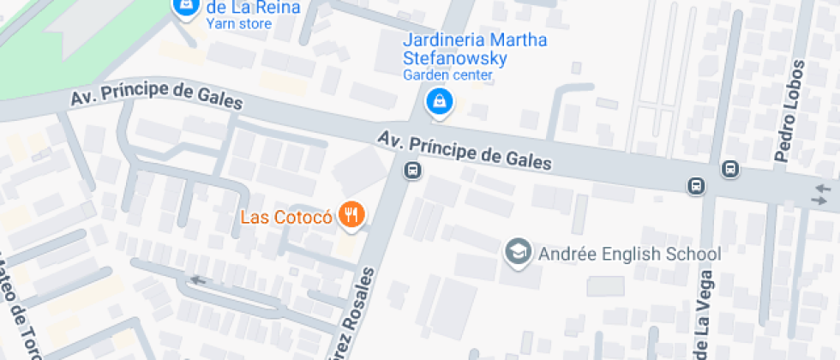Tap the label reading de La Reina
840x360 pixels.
coord(254,8)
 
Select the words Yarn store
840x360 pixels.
coord(238,24)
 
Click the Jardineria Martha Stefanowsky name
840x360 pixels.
coord(475,50)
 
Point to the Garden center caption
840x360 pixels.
coord(448,75)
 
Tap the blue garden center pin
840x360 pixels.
coord(440,101)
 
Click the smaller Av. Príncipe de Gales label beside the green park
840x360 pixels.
coord(157,101)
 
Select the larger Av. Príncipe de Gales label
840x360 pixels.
coord(464,149)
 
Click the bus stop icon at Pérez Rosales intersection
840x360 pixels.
coord(413,170)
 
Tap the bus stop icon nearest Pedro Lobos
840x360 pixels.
coord(729,169)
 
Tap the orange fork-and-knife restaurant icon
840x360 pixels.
coord(350,215)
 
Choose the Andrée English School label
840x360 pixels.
coord(629,254)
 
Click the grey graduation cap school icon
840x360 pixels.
coord(517,251)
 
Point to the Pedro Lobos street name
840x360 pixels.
coord(791,111)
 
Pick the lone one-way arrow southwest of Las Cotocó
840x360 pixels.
coord(199,279)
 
